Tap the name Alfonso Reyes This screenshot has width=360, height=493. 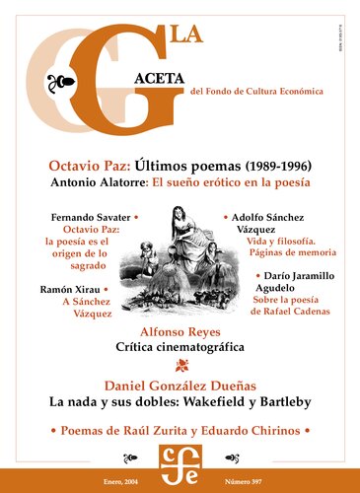180,333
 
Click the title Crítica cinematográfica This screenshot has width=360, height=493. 180,349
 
